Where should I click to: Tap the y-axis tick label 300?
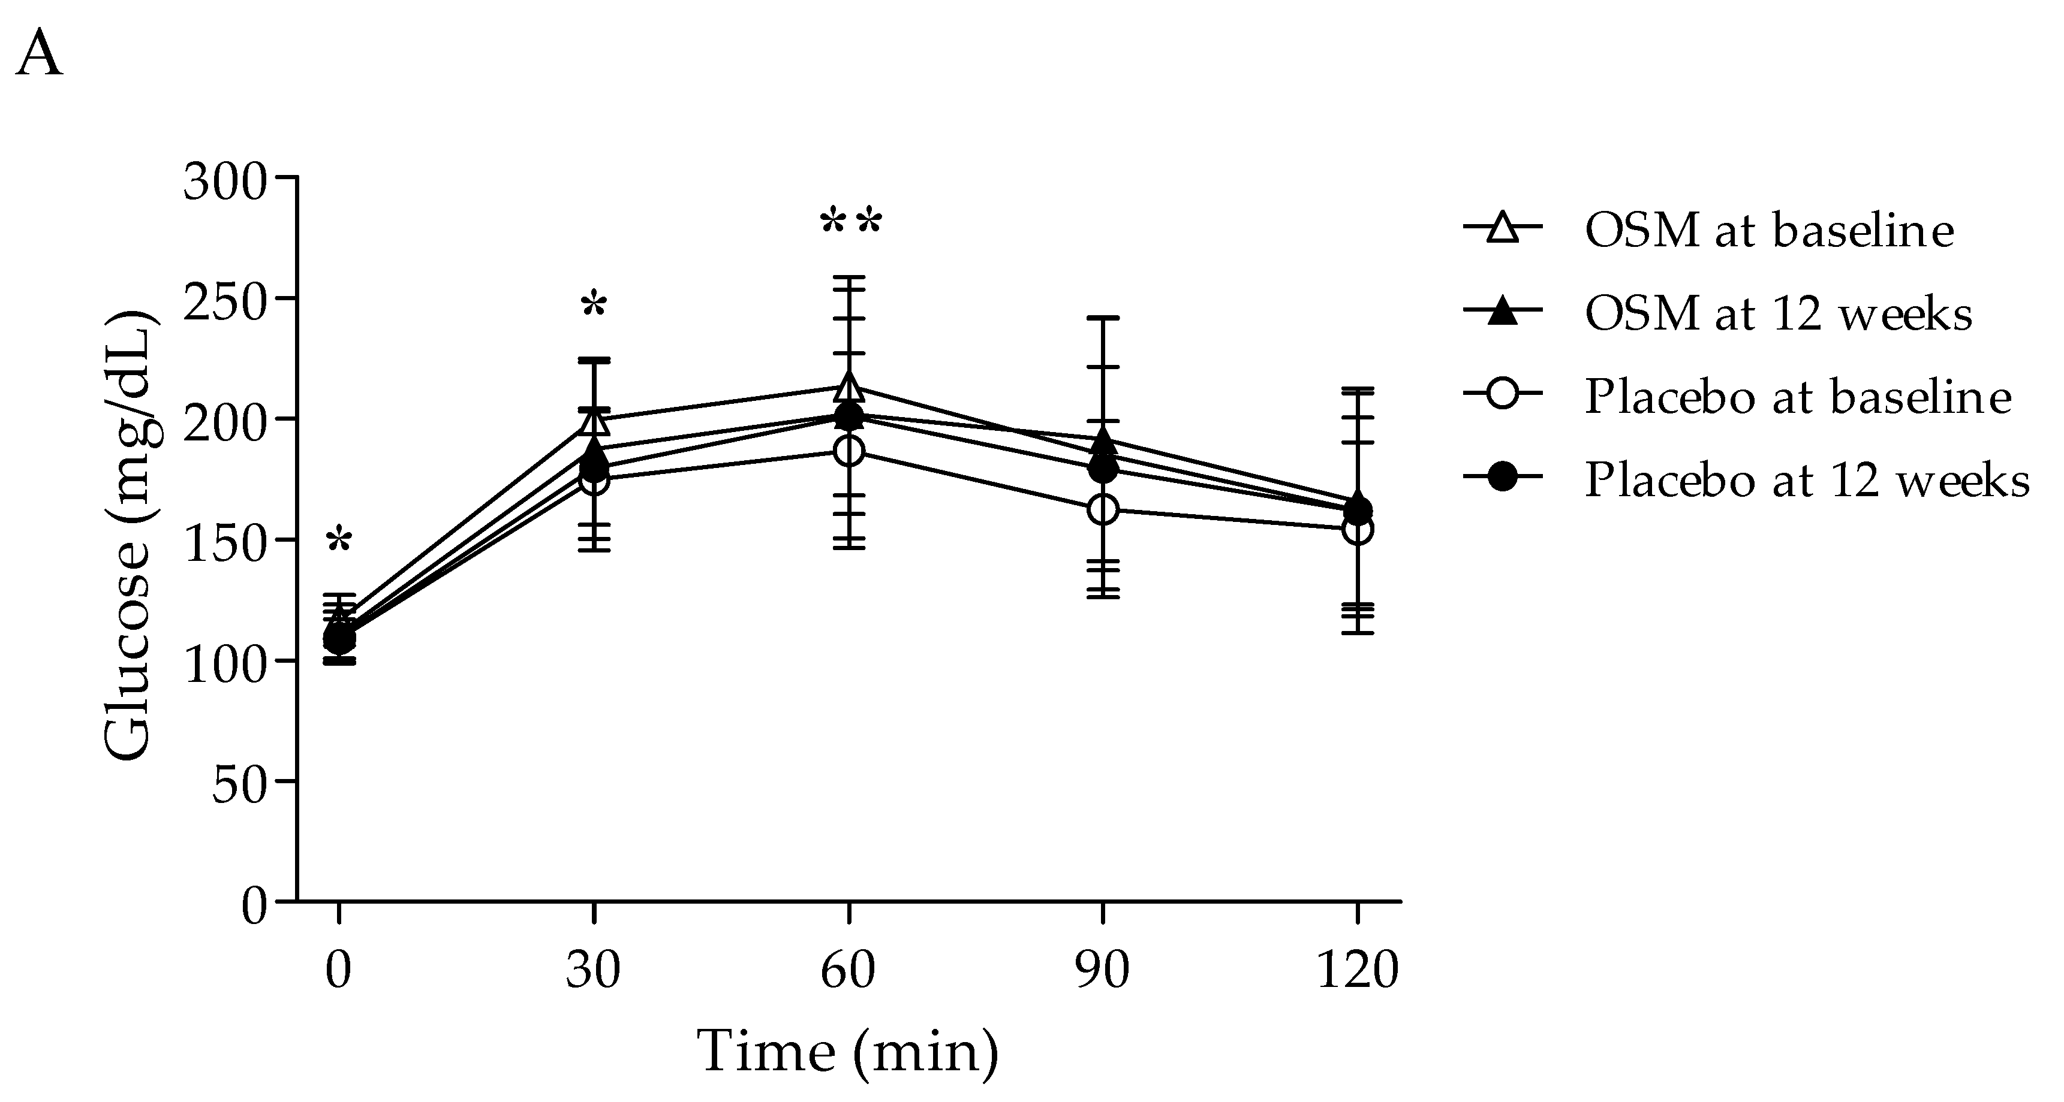pos(224,183)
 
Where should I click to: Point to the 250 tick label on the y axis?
pos(224,304)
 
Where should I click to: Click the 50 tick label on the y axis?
pos(239,786)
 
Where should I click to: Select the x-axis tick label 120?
pos(1357,971)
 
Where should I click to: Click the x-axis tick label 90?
pos(1103,971)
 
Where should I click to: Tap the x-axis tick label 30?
pos(593,971)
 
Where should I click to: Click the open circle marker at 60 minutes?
pos(849,451)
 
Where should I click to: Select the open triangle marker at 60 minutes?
pos(849,388)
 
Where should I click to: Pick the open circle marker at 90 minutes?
pos(1103,509)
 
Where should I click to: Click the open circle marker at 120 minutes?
pos(1357,529)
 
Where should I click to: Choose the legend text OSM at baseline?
pos(1769,231)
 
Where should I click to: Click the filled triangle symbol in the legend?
pos(1503,313)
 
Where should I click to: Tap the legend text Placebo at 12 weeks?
pos(1807,481)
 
